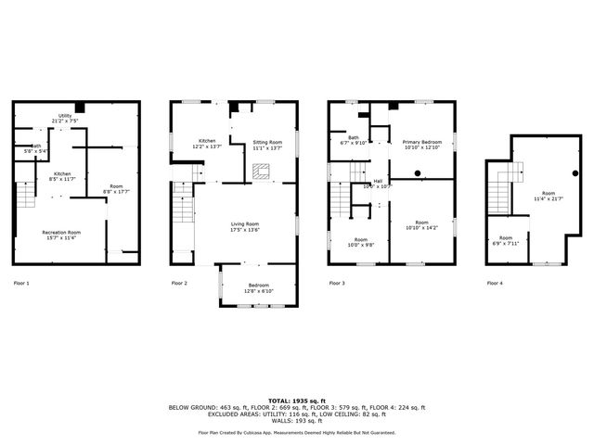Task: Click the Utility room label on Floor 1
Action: tap(65, 118)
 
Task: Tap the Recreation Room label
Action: tap(61, 234)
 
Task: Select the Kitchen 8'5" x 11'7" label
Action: tap(61, 176)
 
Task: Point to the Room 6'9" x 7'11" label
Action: tap(506, 240)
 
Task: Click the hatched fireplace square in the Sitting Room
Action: tap(263, 171)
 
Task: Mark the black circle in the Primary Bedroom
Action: tap(419, 172)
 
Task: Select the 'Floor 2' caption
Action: tap(179, 282)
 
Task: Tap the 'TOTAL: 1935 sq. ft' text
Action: tap(297, 400)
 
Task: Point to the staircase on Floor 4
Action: tap(500, 192)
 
